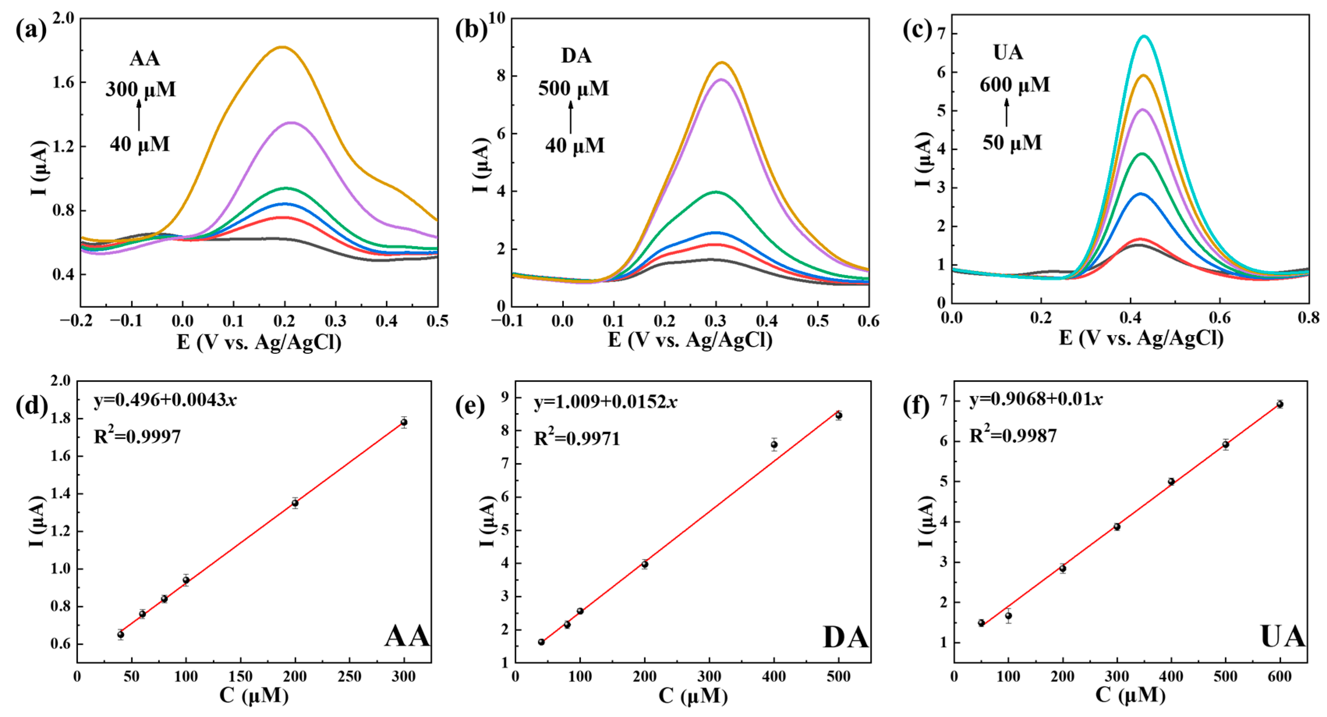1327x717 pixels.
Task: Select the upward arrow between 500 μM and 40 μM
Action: coord(570,117)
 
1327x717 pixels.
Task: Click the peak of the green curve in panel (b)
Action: coord(716,192)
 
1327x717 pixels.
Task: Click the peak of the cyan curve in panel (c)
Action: coord(1145,36)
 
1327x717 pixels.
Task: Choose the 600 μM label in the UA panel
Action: coord(1014,85)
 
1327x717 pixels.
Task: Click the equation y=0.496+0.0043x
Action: coord(165,400)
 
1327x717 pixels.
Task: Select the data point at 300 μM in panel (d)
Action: coord(404,422)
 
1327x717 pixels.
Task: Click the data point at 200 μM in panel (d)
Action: coord(295,503)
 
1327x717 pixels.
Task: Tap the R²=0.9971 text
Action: coord(577,438)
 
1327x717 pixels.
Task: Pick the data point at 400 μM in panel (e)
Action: coord(774,444)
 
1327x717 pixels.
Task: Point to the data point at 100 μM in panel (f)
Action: coord(1008,616)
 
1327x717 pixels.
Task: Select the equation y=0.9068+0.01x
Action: coord(1036,399)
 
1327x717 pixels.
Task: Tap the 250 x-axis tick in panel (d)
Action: coord(349,676)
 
